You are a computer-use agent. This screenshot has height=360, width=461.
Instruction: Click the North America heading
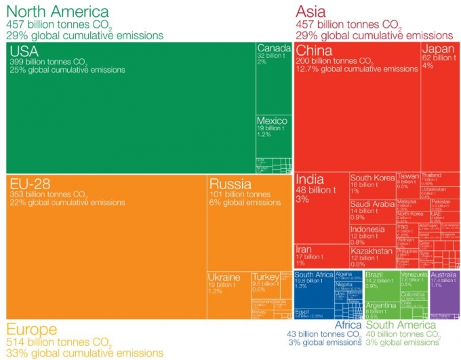[x=57, y=11]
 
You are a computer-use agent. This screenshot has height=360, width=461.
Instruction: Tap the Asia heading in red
[x=310, y=11]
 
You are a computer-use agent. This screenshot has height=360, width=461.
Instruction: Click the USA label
[x=23, y=52]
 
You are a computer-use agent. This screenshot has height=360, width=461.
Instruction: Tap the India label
[x=310, y=180]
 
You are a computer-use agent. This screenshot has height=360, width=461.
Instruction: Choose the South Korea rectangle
[x=372, y=186]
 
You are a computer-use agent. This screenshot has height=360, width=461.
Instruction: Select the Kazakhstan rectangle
[x=371, y=256]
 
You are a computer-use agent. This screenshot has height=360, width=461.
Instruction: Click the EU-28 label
[x=31, y=184]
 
